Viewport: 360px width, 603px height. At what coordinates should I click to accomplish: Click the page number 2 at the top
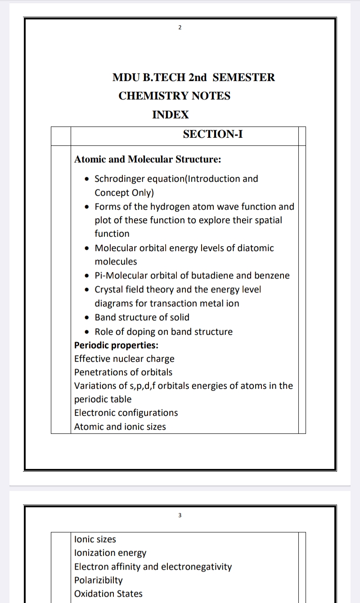pyautogui.click(x=180, y=28)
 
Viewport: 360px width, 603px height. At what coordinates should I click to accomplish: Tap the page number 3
pyautogui.click(x=180, y=515)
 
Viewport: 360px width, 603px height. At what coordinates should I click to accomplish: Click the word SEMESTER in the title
pyautogui.click(x=243, y=77)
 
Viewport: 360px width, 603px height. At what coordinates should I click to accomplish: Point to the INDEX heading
pyautogui.click(x=171, y=115)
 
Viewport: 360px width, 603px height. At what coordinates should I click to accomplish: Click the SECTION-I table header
pyautogui.click(x=213, y=134)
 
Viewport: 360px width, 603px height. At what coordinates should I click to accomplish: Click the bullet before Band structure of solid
pyautogui.click(x=87, y=318)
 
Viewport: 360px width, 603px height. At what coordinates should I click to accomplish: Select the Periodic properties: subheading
pyautogui.click(x=116, y=346)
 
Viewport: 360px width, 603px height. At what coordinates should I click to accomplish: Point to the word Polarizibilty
pyautogui.click(x=98, y=580)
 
